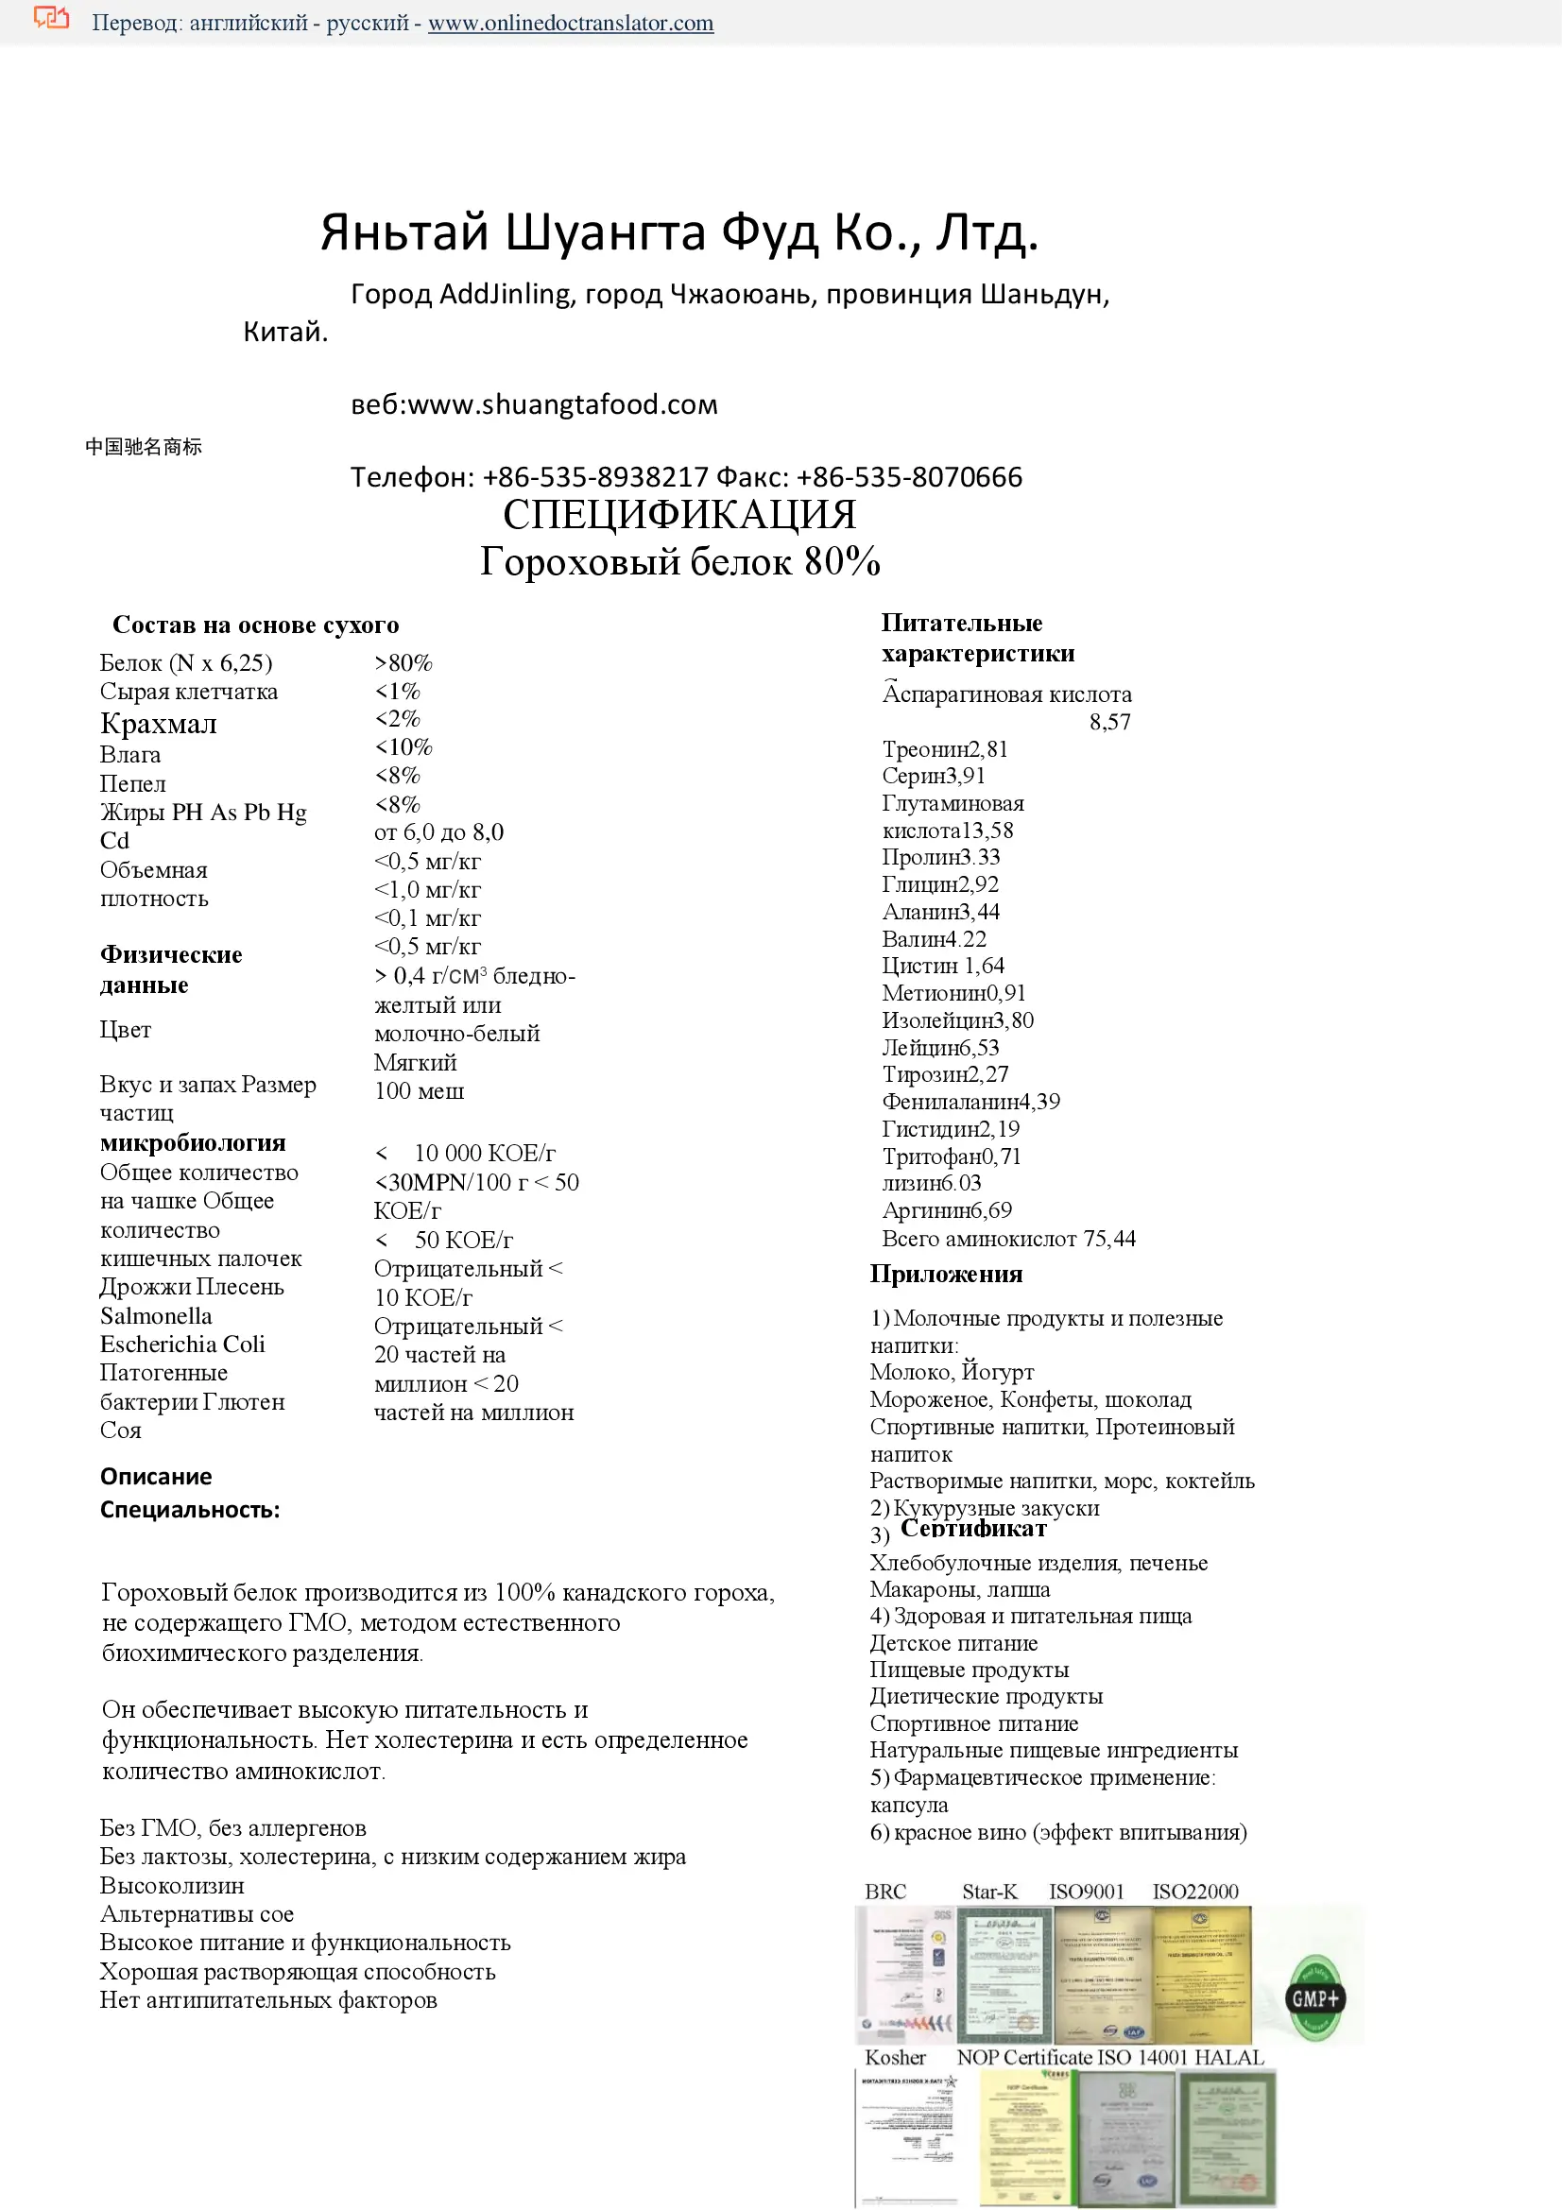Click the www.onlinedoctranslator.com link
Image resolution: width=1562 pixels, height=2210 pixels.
571,23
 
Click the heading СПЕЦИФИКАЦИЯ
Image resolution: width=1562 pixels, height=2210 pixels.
679,515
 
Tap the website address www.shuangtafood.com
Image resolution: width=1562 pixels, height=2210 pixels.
563,404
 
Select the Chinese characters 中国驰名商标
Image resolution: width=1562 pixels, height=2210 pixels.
144,447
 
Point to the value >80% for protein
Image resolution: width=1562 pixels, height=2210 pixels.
403,663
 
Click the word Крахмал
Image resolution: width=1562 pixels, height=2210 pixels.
159,723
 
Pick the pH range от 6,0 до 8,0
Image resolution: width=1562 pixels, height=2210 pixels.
438,831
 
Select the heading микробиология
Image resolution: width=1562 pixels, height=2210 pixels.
193,1142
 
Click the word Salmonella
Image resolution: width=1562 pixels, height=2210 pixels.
156,1316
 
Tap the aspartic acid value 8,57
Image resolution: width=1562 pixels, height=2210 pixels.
1109,722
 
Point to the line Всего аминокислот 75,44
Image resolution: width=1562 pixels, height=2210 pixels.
1008,1239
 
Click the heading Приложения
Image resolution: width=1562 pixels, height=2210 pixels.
946,1274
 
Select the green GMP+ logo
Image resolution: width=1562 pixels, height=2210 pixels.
1314,1998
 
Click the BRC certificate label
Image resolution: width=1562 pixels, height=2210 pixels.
885,1892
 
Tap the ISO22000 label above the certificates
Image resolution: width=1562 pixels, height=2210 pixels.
1195,1892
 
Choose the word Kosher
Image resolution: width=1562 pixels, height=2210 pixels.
895,2058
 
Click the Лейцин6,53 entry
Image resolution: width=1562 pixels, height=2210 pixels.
940,1047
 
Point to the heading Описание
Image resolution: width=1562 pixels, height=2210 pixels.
156,1477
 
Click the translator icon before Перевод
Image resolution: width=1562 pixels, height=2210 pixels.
51,19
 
